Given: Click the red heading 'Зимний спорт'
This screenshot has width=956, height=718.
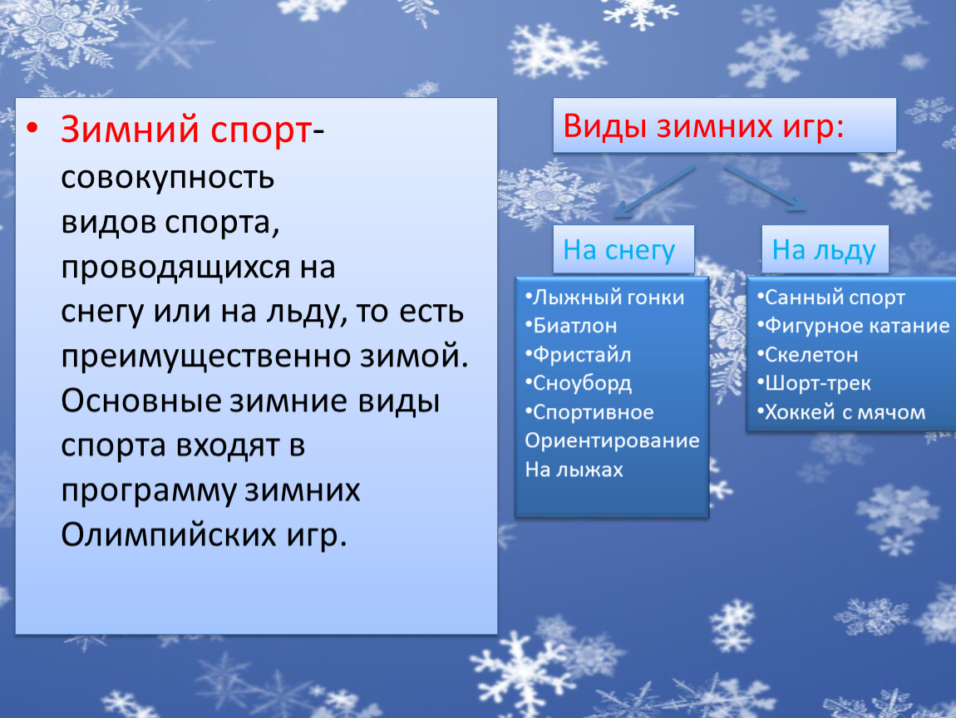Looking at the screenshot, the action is pos(186,130).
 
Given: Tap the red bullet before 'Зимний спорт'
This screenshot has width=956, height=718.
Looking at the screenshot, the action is pos(32,127).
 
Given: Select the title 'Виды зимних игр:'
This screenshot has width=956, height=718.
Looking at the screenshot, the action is pos(703,126).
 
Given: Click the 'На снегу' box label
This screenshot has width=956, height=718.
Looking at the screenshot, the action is pos(618,250).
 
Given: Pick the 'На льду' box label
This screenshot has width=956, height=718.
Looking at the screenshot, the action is pos(824,250).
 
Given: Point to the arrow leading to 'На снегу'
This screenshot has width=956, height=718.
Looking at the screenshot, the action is pos(654,191).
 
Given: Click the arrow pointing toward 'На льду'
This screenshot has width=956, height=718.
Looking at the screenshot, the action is pos(765,188).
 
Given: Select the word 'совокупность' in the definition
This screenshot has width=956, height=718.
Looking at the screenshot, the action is pos(168,179).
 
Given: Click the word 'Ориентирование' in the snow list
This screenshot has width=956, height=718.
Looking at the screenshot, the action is pos(612,440).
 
